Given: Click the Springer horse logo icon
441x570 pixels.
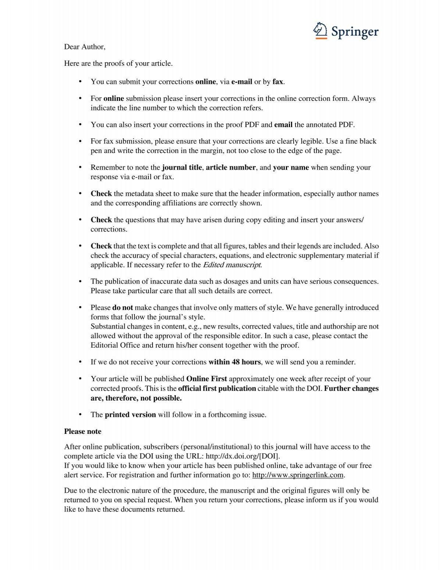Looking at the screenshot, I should (320, 30).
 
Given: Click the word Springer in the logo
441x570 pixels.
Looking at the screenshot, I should (355, 32).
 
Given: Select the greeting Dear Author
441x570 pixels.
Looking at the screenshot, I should (85, 47).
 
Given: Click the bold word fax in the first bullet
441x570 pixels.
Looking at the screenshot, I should (278, 82).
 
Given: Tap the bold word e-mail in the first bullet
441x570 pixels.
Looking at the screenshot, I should (241, 82).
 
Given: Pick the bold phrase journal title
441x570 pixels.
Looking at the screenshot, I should (182, 167).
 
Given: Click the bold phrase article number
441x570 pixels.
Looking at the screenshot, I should (230, 167).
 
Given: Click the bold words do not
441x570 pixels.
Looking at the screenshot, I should (122, 308).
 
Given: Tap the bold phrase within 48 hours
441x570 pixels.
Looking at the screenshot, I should (234, 362).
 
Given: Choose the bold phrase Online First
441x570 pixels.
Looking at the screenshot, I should (207, 379).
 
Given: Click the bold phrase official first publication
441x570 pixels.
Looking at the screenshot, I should (217, 388).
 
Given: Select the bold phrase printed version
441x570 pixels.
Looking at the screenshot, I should (130, 415).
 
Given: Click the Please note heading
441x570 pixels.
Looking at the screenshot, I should (83, 431).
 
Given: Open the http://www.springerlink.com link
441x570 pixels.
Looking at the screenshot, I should (298, 475).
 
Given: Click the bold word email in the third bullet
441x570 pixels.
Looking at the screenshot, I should (283, 125).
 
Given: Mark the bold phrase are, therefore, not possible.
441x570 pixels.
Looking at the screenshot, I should (136, 398).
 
